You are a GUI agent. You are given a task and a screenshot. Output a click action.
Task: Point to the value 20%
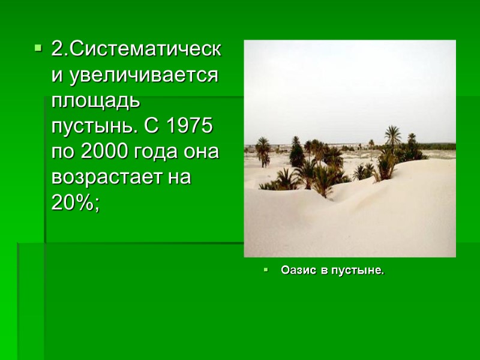point(74,203)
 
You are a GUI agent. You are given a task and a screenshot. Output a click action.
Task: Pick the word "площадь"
point(95,101)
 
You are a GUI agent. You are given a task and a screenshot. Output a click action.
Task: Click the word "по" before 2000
point(62,152)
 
